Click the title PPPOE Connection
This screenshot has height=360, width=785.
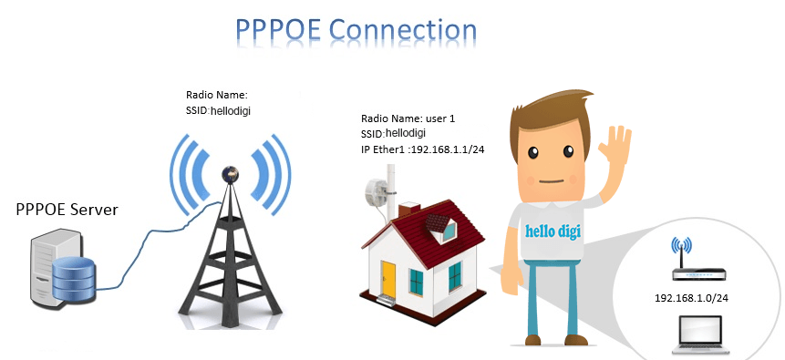356,31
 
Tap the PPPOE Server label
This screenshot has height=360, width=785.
67,209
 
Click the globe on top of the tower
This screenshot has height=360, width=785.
231,174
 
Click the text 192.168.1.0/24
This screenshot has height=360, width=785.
691,298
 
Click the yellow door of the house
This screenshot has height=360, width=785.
388,277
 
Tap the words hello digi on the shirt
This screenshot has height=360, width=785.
553,231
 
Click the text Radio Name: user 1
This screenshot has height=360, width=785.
408,119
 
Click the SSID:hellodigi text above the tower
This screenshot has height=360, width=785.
218,110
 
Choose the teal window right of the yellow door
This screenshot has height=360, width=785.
417,282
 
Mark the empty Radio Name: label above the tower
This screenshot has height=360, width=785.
217,95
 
